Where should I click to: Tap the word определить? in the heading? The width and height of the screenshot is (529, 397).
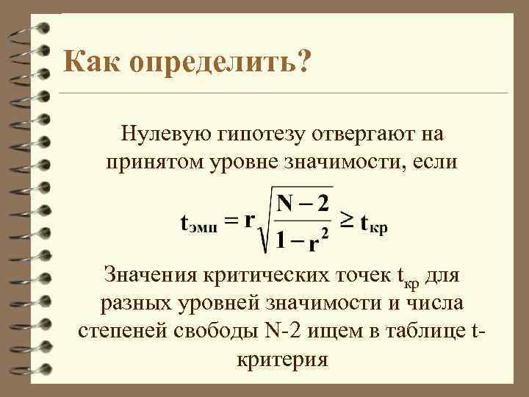(x=220, y=65)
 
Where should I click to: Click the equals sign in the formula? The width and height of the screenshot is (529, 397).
(x=232, y=220)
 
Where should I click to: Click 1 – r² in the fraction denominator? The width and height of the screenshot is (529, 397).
(x=298, y=238)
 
